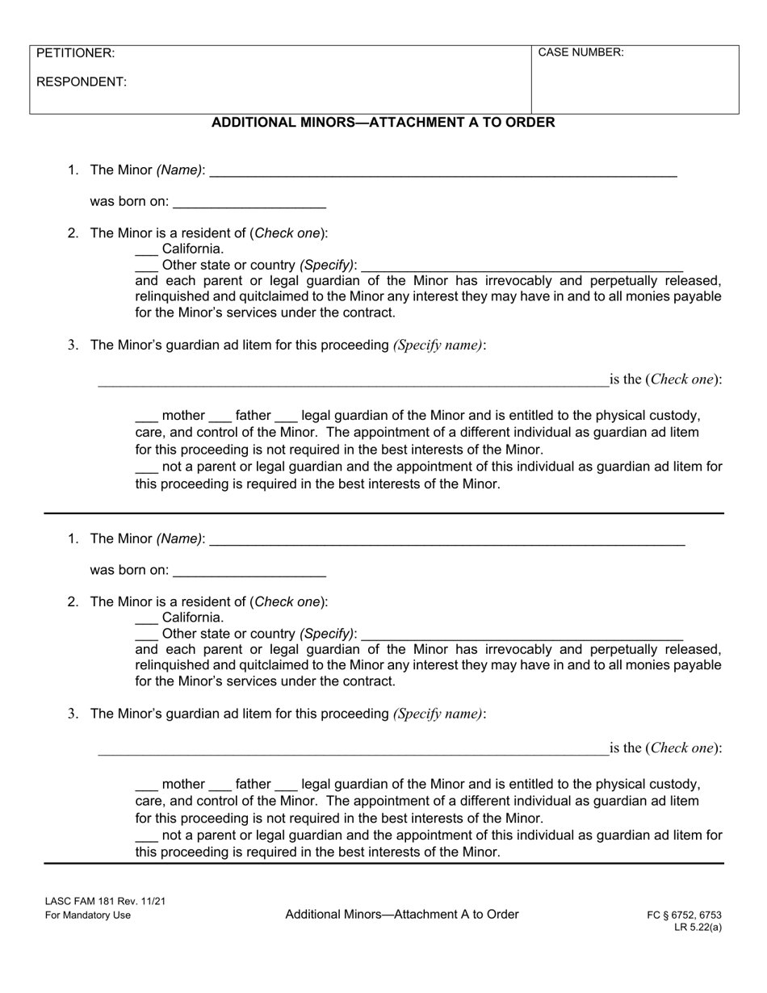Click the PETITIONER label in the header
coord(76,53)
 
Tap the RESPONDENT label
coord(82,82)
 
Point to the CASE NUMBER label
coord(580,52)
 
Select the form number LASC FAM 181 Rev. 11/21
coord(105,901)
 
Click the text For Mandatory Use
coord(87,915)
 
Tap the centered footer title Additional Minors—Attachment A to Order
coord(401,914)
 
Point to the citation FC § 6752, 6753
coord(684,915)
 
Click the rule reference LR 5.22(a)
coord(698,927)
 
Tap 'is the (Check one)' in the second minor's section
coord(665,748)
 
